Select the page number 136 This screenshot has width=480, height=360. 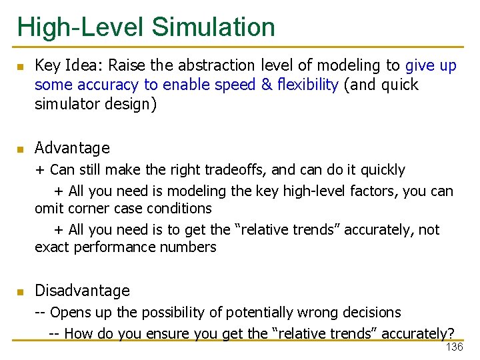point(454,348)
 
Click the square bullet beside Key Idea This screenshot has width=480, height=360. point(20,67)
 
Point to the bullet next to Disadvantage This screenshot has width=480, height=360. point(20,292)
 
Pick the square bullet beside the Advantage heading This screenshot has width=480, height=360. point(20,149)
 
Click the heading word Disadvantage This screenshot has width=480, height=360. point(82,291)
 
